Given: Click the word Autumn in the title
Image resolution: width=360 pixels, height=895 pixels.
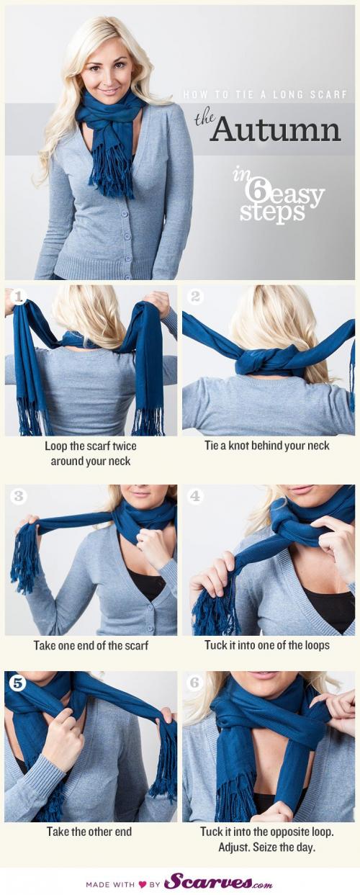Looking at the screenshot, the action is pos(276,129).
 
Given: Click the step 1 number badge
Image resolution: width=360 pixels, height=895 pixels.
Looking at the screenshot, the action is pos(19,297).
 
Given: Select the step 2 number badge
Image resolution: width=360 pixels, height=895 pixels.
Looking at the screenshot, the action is pos(195,297).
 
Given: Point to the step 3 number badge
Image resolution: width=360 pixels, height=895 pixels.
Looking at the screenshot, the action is pos(19,496).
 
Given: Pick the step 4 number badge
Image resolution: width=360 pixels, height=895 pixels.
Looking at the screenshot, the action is pos(195,496).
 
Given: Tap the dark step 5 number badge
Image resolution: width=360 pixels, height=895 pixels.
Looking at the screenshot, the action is pos(19,683).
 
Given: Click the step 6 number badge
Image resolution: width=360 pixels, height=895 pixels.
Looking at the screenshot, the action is pos(194,683).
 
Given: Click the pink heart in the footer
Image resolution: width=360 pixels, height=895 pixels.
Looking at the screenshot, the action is pos(143,884).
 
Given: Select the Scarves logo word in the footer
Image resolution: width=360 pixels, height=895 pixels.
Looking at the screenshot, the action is pos(208,882).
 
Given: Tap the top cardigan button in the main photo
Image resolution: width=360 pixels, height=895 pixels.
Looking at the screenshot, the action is pos(125,214).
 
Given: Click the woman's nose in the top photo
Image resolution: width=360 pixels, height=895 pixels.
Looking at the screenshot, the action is pos(107,81).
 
